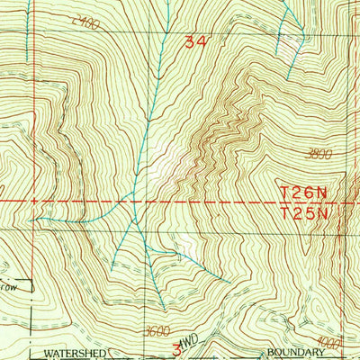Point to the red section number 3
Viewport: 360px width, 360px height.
pyautogui.click(x=176, y=346)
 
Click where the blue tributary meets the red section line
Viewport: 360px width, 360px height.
pyautogui.click(x=36, y=219)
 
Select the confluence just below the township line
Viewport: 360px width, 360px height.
pyautogui.click(x=133, y=219)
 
